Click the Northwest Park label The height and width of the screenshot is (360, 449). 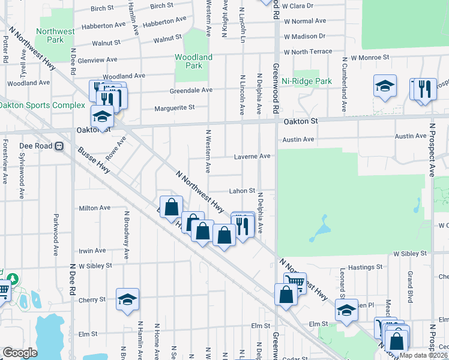[55, 35]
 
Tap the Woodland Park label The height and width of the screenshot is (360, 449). [193, 61]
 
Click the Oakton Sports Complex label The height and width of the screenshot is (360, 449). [42, 106]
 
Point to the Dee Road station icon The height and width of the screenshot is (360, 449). [59, 146]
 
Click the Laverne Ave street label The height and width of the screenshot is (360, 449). [252, 156]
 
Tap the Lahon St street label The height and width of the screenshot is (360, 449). [242, 190]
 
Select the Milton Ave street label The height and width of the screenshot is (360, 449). [95, 208]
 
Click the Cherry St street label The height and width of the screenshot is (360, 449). [93, 299]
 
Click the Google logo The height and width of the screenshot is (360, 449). [20, 353]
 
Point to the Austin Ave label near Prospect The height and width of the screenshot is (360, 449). [411, 137]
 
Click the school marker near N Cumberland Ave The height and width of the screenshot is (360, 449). [384, 86]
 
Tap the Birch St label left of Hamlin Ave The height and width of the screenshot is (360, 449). [102, 8]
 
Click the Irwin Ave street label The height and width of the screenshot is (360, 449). [92, 250]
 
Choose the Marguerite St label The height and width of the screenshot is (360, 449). [175, 108]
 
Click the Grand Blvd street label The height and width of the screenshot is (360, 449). [411, 282]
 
